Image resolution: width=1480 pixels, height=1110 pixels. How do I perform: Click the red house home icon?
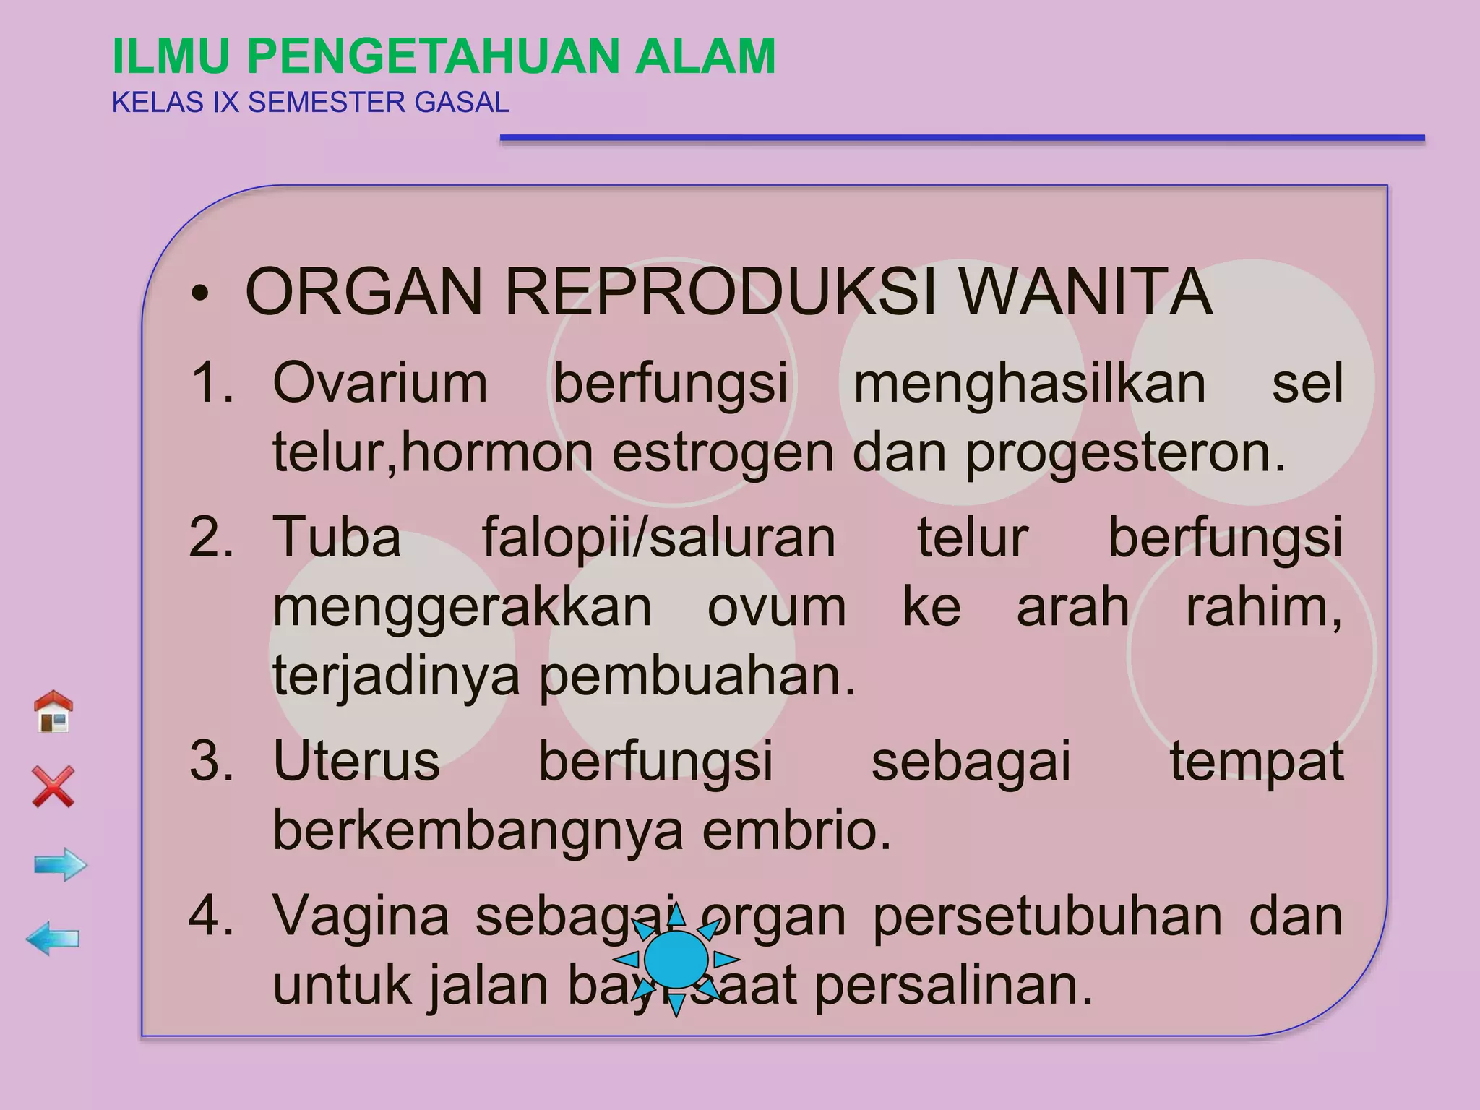tap(53, 712)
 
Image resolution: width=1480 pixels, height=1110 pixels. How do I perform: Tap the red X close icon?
tap(53, 786)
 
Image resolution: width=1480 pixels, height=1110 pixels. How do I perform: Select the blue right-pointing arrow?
tap(61, 864)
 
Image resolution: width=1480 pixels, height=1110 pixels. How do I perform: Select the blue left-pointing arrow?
tap(53, 939)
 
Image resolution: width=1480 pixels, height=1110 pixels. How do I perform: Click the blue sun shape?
tap(676, 960)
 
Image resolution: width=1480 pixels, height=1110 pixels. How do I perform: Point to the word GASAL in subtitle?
tap(462, 103)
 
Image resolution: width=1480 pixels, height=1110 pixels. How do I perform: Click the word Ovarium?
tap(380, 382)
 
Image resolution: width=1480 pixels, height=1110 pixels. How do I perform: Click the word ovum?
tap(776, 607)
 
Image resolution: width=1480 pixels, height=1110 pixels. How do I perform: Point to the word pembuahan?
tap(697, 676)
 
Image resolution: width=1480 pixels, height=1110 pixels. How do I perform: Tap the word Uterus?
tap(356, 761)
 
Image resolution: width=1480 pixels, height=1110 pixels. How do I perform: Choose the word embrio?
tap(797, 830)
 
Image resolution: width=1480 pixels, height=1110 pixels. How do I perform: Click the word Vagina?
tap(361, 916)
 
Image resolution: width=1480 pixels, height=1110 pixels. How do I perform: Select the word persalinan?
tap(954, 986)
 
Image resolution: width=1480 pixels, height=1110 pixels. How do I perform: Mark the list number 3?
tap(211, 761)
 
